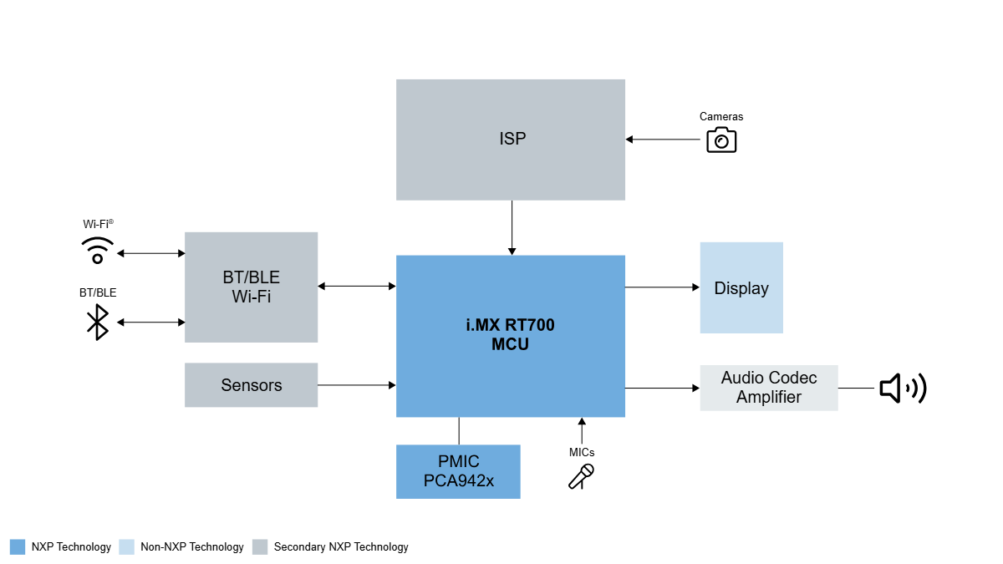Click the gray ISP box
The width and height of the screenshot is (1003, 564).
(511, 140)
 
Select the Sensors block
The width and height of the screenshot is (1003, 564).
(251, 385)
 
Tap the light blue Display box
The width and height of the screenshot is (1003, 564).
(741, 288)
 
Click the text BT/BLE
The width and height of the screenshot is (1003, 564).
(251, 277)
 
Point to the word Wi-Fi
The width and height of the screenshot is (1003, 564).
(251, 297)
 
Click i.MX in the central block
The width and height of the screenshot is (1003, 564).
(482, 325)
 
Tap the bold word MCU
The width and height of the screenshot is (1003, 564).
(510, 344)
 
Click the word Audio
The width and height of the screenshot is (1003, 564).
(742, 378)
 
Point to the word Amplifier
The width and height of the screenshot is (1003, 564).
(768, 397)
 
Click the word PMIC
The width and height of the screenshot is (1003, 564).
(458, 462)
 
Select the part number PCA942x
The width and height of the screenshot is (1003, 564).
(458, 481)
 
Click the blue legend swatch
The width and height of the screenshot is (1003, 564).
(18, 547)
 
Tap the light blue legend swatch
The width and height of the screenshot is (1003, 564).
(126, 547)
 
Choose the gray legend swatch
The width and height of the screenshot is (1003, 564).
(260, 547)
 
